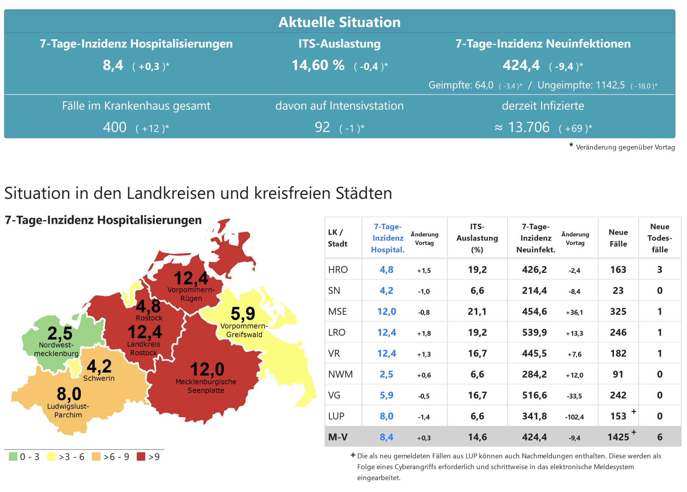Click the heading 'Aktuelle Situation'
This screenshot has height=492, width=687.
[339, 22]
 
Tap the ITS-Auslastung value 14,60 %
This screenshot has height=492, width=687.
[318, 65]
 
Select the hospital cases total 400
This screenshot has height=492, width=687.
[114, 127]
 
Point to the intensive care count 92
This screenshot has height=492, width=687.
[322, 127]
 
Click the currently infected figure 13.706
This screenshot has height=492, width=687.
[529, 127]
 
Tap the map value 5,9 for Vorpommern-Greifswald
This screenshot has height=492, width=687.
[243, 314]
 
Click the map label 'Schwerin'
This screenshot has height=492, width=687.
[99, 378]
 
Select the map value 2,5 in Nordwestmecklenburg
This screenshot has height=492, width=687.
[60, 333]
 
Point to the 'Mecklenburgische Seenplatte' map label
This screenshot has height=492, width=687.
[206, 386]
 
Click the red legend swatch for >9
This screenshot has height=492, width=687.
[141, 456]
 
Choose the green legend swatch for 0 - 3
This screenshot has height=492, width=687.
[13, 456]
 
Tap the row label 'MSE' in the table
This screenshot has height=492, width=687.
[337, 312]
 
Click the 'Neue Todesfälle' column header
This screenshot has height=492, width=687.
[660, 238]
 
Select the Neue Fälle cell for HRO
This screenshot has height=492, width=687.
[618, 270]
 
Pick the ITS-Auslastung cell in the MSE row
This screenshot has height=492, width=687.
[477, 312]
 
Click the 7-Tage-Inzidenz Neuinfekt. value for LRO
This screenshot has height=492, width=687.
[534, 333]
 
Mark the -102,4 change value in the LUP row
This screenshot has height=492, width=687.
[574, 417]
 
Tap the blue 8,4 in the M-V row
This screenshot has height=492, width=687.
[386, 437]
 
